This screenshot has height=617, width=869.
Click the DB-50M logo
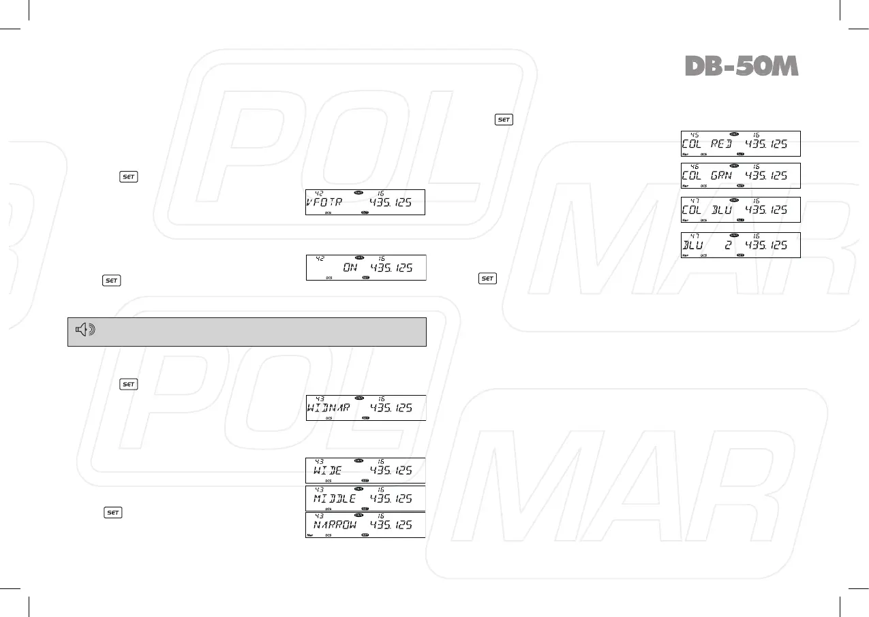click(x=741, y=65)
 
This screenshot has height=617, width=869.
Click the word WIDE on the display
click(x=330, y=471)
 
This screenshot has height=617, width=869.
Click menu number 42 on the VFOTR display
click(x=319, y=193)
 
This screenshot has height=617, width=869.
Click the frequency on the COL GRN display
click(x=766, y=176)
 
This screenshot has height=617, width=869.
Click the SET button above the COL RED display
click(x=504, y=120)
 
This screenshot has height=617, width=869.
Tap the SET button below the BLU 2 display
click(x=487, y=279)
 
